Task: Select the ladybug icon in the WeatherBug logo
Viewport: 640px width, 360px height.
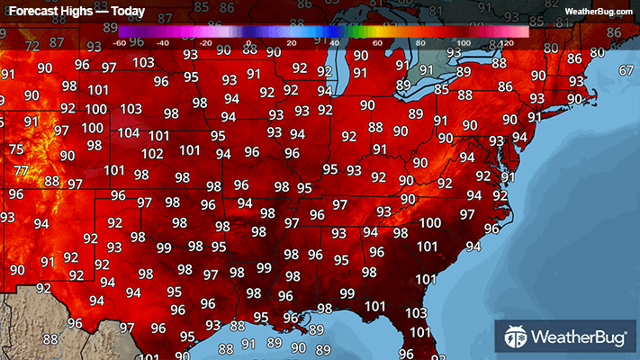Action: pyautogui.click(x=516, y=338)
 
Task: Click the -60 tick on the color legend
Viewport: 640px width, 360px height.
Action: pyautogui.click(x=120, y=41)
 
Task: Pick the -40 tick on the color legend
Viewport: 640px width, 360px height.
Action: pyautogui.click(x=163, y=41)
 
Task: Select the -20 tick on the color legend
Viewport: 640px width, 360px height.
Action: pyautogui.click(x=205, y=41)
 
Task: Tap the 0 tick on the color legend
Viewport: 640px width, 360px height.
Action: pyautogui.click(x=248, y=41)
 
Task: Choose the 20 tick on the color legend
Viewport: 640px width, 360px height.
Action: pyautogui.click(x=291, y=41)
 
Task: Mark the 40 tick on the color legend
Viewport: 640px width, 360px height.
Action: pyautogui.click(x=334, y=41)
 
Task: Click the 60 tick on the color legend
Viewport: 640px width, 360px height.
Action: pyautogui.click(x=376, y=41)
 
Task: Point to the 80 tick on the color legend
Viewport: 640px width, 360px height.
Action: pyautogui.click(x=419, y=41)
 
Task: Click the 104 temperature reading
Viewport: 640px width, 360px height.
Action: pyautogui.click(x=129, y=132)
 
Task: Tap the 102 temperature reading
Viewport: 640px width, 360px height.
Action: pyautogui.click(x=152, y=153)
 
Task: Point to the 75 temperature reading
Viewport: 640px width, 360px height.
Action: pyautogui.click(x=15, y=149)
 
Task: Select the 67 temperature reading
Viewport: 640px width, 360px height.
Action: pyautogui.click(x=626, y=70)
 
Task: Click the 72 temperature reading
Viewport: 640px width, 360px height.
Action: pyautogui.click(x=32, y=46)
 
